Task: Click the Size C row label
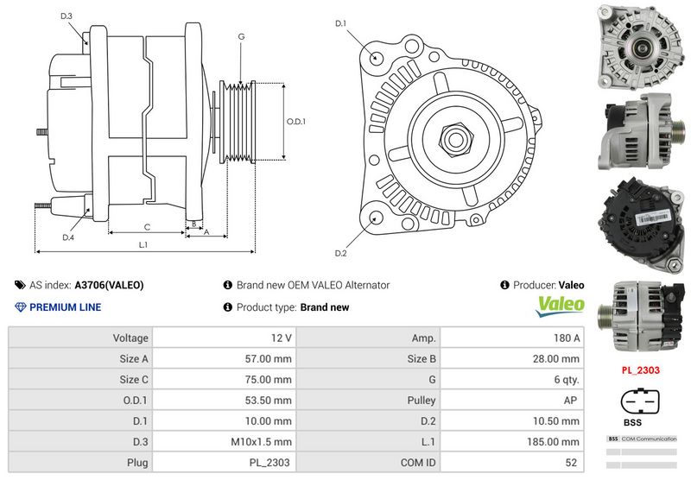[x=133, y=379]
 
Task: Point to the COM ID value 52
[x=574, y=463]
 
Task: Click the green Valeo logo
[x=561, y=306]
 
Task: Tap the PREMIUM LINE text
[x=65, y=306]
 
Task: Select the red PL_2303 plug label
[x=640, y=369]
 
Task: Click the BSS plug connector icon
[x=641, y=405]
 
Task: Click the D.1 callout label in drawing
[x=340, y=23]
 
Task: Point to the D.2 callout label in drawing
[x=340, y=253]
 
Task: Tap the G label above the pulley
[x=241, y=37]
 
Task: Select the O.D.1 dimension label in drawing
[x=296, y=121]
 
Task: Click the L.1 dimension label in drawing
[x=143, y=245]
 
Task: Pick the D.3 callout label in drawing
[x=67, y=16]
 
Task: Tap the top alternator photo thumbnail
[x=640, y=47]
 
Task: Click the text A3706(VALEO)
[x=109, y=285]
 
